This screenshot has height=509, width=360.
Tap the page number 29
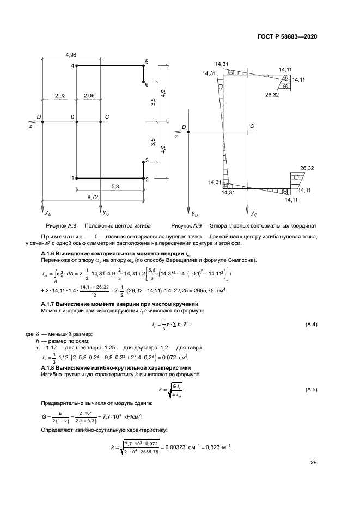(313, 463)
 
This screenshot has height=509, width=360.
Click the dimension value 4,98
(70, 54)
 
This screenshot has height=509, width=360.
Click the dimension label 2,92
(60, 96)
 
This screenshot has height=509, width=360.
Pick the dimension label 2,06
(87, 96)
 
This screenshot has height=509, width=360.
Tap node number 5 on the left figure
(147, 62)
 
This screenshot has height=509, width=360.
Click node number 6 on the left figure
(147, 84)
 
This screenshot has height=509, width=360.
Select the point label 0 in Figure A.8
(72, 117)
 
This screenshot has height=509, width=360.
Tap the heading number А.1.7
(51, 303)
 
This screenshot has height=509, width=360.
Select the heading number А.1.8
(51, 368)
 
